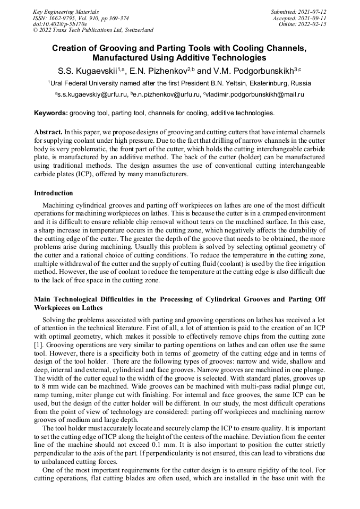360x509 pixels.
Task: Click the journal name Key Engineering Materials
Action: pos(66,11)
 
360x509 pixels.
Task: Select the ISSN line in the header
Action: pos(81,18)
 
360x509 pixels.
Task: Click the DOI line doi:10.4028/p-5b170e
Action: pos(60,24)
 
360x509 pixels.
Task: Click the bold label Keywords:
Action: pos(51,113)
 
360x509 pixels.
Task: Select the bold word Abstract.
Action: pos(48,131)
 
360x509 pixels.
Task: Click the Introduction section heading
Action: pos(53,193)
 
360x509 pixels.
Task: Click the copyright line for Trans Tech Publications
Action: pos(93,30)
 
